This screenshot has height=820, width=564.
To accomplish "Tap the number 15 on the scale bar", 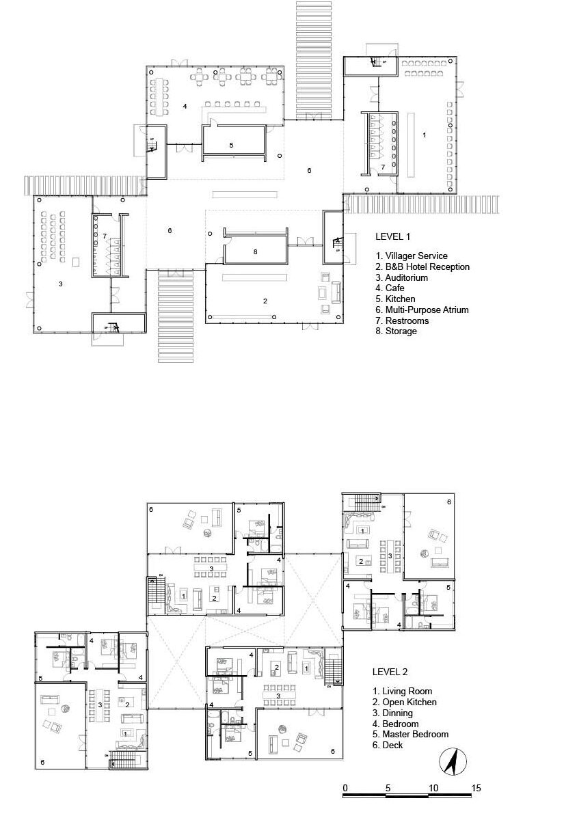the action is (x=476, y=788).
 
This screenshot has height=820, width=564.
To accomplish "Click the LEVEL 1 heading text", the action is (x=392, y=236).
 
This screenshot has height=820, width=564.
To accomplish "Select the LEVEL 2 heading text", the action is (x=390, y=672).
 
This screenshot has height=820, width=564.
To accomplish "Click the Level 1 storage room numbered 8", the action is (x=255, y=249).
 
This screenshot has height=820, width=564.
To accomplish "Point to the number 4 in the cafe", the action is (x=185, y=106).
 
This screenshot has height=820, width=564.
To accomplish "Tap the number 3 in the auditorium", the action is (x=60, y=284).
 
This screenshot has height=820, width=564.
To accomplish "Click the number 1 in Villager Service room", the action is (x=424, y=135).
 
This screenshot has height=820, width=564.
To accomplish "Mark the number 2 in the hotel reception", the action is (x=265, y=301).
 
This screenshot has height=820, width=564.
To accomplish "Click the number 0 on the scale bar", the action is (x=345, y=788).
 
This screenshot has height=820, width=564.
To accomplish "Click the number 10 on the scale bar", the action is (x=433, y=788).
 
